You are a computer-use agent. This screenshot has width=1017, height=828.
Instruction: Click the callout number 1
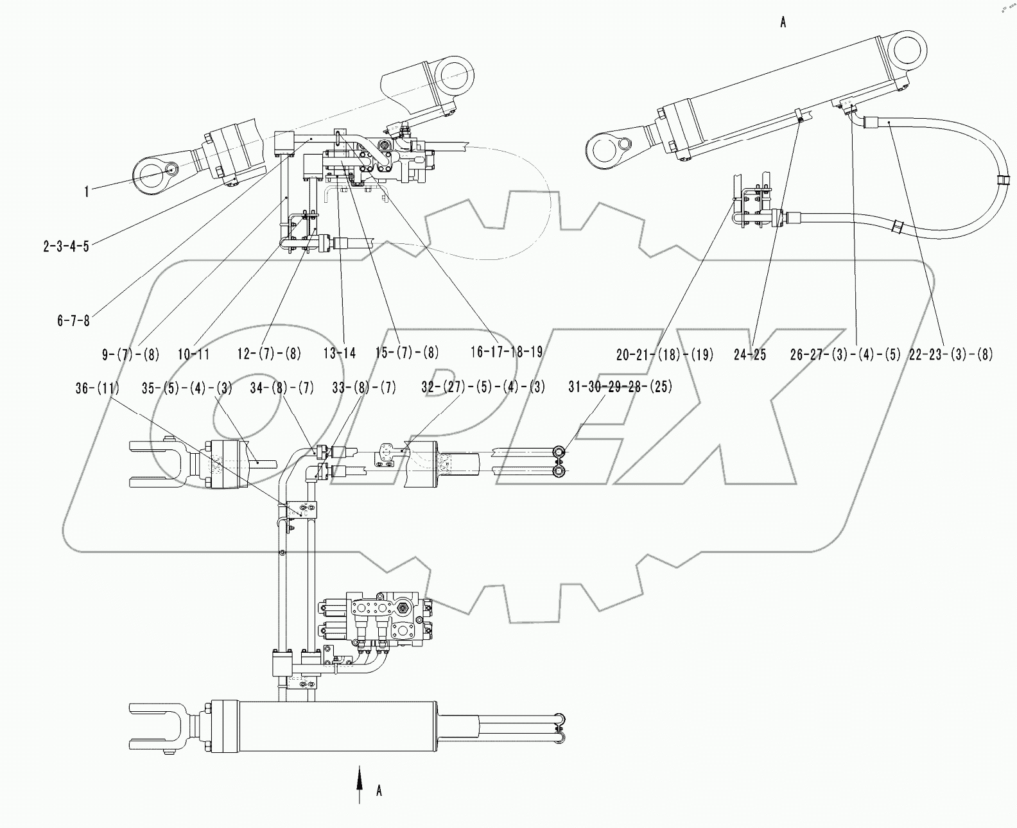pyautogui.click(x=87, y=191)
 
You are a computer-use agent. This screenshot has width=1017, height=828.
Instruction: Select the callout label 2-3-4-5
pyautogui.click(x=66, y=246)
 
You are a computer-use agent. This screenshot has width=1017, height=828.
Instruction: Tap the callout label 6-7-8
pyautogui.click(x=73, y=320)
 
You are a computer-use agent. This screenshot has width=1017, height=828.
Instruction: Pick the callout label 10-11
pyautogui.click(x=194, y=354)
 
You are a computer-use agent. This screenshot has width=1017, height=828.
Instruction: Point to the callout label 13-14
pyautogui.click(x=340, y=353)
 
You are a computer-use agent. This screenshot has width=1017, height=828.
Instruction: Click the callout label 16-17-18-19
pyautogui.click(x=507, y=352)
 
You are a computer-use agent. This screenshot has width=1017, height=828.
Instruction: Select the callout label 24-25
pyautogui.click(x=750, y=354)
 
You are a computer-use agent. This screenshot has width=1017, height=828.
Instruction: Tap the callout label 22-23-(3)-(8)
pyautogui.click(x=951, y=354)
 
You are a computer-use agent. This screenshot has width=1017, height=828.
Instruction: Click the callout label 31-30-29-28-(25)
pyautogui.click(x=620, y=388)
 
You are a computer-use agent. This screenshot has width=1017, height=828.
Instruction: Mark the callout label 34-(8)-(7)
pyautogui.click(x=291, y=388)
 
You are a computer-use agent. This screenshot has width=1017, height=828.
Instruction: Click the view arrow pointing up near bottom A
pyautogui.click(x=360, y=783)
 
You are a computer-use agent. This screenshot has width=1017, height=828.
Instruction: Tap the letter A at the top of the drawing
pyautogui.click(x=783, y=22)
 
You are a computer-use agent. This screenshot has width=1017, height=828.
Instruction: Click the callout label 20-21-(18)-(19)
pyautogui.click(x=665, y=354)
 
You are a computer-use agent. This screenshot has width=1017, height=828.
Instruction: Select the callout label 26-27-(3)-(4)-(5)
pyautogui.click(x=846, y=354)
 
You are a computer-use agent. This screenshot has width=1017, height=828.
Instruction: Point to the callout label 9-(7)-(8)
pyautogui.click(x=130, y=354)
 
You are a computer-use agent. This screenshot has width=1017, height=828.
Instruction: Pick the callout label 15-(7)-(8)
pyautogui.click(x=407, y=352)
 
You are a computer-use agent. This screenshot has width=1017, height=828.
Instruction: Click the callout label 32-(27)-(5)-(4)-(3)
pyautogui.click(x=483, y=388)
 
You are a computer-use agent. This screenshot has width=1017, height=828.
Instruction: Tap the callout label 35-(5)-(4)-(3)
pyautogui.click(x=187, y=388)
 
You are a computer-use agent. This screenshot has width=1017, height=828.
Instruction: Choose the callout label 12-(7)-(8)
pyautogui.click(x=268, y=354)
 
